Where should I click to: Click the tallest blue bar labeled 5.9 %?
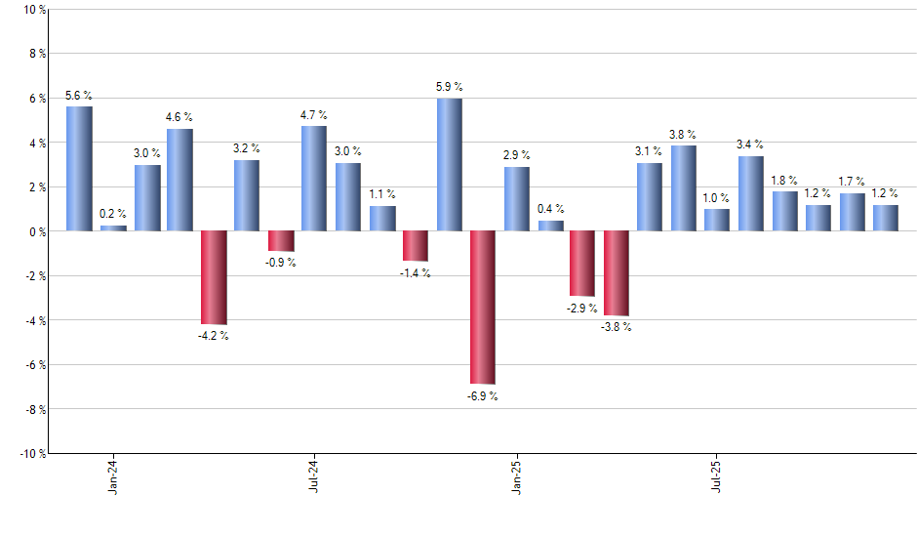click(450, 164)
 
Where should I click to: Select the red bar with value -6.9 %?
click(483, 307)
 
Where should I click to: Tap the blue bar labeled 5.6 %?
click(79, 168)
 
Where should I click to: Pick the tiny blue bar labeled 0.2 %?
click(113, 228)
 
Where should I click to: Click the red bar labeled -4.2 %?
click(214, 277)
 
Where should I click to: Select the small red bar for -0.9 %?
click(281, 241)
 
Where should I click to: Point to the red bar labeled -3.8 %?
click(617, 273)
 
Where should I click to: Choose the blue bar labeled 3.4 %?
click(751, 193)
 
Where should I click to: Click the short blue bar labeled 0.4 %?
click(550, 227)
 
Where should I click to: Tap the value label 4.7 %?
click(314, 116)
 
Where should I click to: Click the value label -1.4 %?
click(416, 273)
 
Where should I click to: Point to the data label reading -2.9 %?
click(582, 309)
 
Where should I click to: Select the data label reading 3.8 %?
click(684, 135)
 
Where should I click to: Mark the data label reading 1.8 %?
click(784, 181)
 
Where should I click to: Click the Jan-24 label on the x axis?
click(113, 475)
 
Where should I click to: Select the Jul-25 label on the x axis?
click(717, 475)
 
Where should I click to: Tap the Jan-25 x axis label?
click(516, 475)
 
